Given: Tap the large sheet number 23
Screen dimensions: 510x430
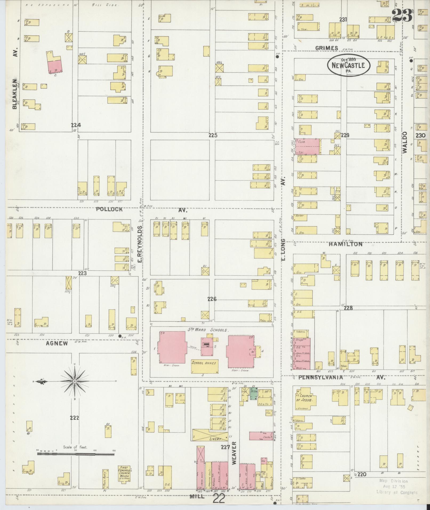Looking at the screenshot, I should pyautogui.click(x=403, y=15).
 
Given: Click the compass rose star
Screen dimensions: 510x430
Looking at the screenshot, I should pyautogui.click(x=75, y=382).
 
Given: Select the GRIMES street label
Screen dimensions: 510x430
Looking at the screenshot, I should pyautogui.click(x=327, y=48).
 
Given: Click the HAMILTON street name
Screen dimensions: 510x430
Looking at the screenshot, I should pyautogui.click(x=345, y=244).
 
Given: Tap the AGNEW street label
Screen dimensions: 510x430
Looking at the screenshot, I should pyautogui.click(x=57, y=343).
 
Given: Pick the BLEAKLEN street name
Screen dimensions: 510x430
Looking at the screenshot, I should pyautogui.click(x=15, y=94).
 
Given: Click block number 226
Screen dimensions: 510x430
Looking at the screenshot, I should pyautogui.click(x=212, y=299).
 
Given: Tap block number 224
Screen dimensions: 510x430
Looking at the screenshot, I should pyautogui.click(x=76, y=125).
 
